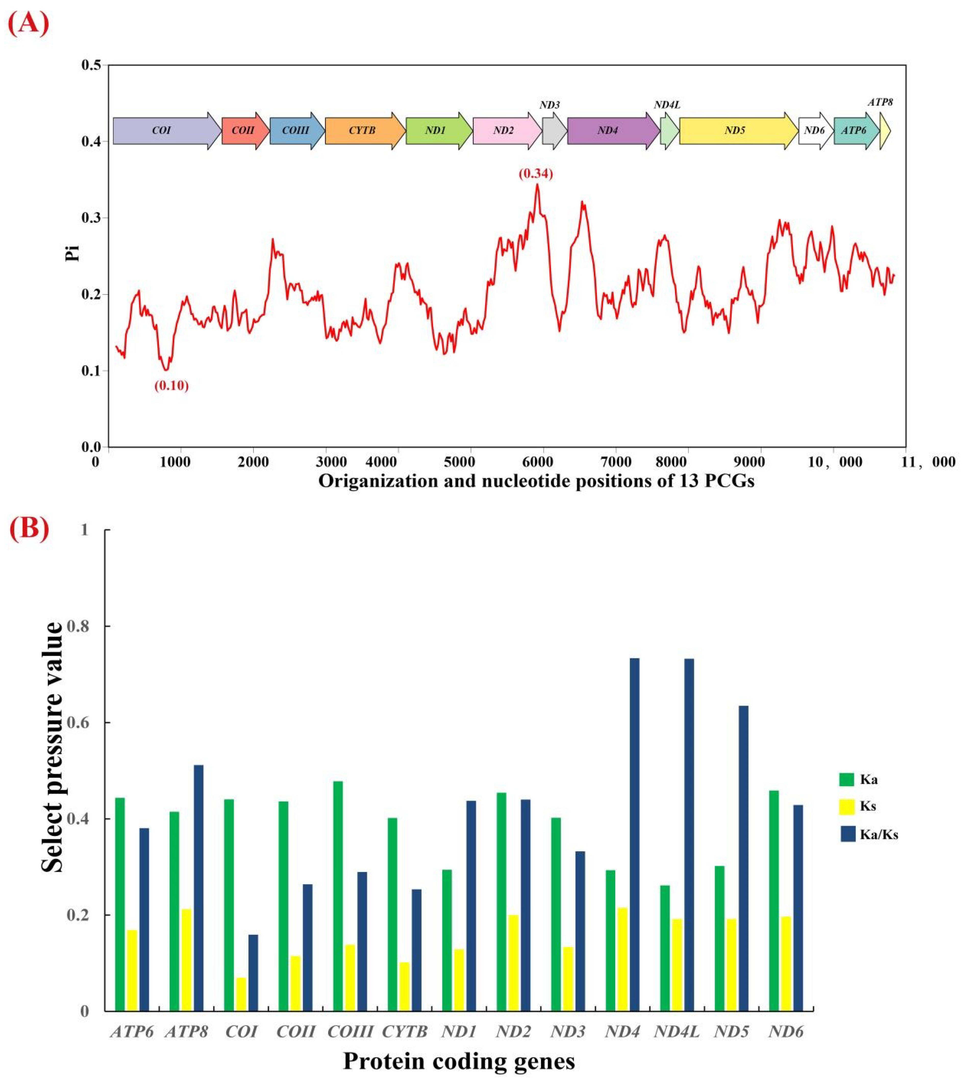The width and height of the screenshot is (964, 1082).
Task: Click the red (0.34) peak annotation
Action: point(535,174)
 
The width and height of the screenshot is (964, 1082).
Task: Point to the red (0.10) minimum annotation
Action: point(171,386)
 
